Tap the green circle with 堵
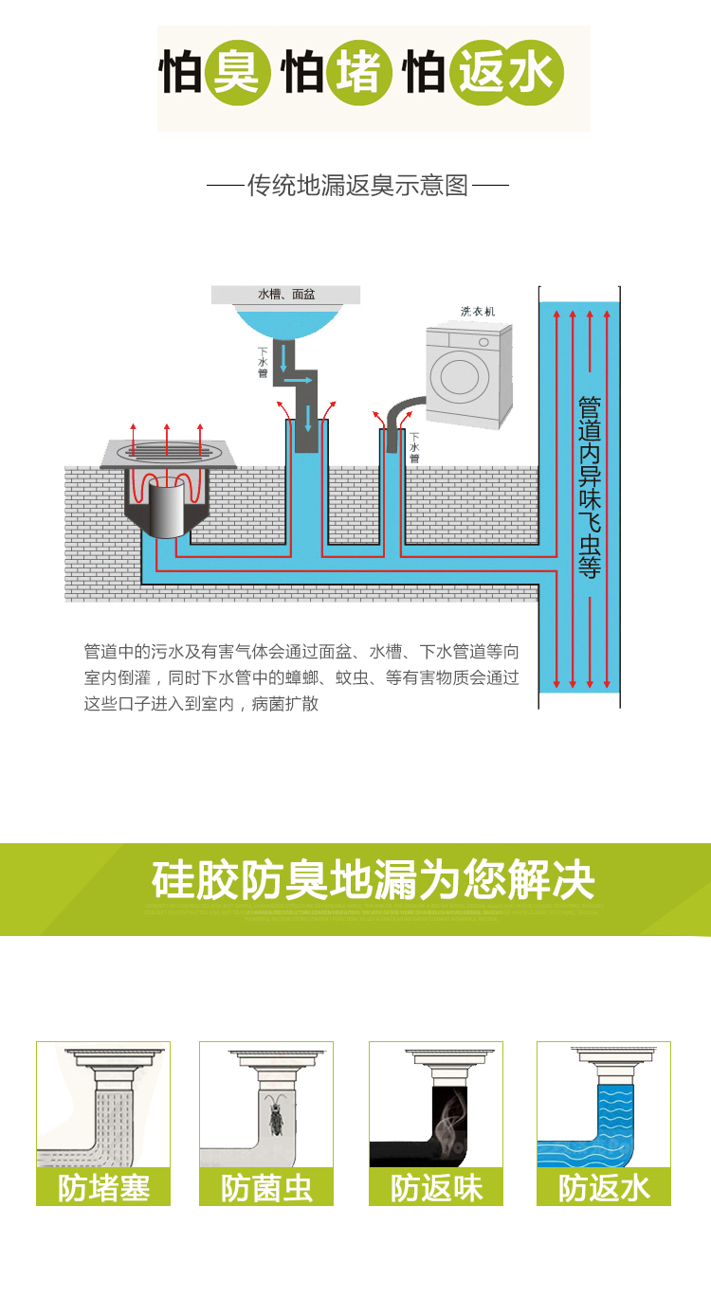point(358,73)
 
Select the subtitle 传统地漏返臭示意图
point(357,185)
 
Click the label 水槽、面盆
point(286,295)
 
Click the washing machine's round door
point(463,377)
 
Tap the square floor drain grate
point(167,453)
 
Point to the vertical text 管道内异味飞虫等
point(590,487)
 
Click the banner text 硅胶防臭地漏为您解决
point(373,880)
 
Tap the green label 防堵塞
point(103,1187)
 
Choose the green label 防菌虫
point(266,1187)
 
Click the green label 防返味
point(436,1187)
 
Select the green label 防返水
point(604,1187)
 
